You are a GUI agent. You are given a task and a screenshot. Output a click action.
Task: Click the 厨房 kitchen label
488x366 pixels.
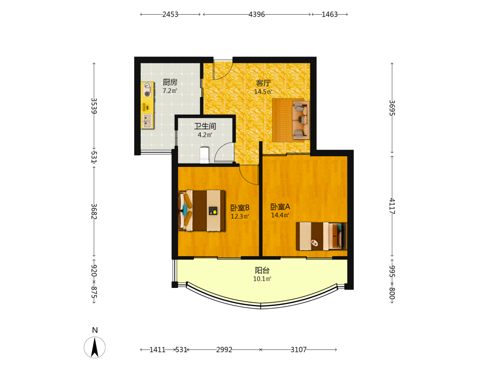[170, 82]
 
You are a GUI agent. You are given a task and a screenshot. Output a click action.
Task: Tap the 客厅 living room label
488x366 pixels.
[264, 83]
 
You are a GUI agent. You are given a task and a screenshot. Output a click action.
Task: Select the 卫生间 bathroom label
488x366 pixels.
[205, 126]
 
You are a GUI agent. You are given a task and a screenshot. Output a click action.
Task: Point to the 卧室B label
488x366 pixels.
[240, 207]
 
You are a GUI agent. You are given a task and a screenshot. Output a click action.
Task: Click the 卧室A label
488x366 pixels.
[280, 206]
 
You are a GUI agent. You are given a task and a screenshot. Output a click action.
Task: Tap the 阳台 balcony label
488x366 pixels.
[262, 270]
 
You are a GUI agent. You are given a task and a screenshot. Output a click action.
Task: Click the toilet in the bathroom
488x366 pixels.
[204, 155]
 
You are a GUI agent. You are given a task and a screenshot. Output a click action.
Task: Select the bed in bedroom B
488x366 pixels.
[202, 211]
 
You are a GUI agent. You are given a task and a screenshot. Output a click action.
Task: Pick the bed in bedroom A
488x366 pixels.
[321, 236]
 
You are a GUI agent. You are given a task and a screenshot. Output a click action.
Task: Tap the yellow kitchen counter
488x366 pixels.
[147, 105]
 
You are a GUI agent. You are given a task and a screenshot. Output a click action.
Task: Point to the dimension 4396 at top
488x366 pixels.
[257, 14]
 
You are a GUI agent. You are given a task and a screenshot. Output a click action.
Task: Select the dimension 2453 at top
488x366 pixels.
[170, 14]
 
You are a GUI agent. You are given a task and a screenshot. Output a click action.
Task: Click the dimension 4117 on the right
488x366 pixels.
[392, 206]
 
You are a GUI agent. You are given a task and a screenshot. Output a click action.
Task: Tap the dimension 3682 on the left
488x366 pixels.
[94, 211]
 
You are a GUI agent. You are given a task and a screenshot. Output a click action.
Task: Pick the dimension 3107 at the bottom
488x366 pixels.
[299, 350]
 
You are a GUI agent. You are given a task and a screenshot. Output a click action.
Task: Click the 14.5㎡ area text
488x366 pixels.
[264, 92]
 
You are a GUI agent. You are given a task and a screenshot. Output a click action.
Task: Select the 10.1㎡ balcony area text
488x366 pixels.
[262, 279]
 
